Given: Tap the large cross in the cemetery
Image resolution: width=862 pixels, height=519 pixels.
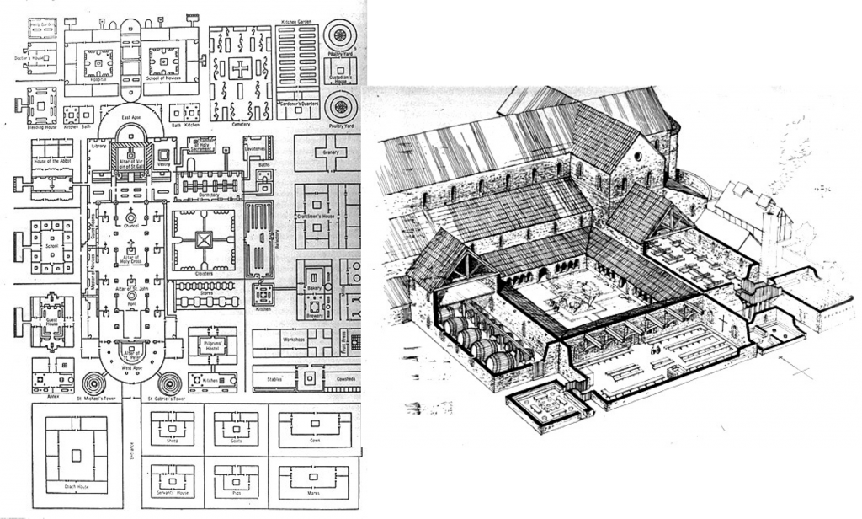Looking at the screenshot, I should point(241,69).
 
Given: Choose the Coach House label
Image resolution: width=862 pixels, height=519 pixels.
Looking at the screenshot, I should point(76,486).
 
